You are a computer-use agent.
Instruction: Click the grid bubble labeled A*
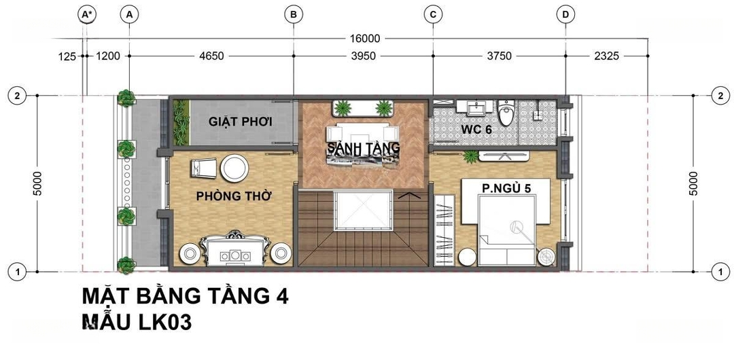pyautogui.click(x=86, y=15)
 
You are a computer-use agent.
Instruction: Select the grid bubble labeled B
pyautogui.click(x=294, y=15)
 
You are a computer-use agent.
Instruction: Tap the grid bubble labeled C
pyautogui.click(x=433, y=15)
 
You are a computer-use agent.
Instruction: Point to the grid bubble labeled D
pyautogui.click(x=565, y=15)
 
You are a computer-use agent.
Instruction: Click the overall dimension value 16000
pyautogui.click(x=364, y=39)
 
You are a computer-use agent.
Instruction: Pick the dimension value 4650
pyautogui.click(x=211, y=56)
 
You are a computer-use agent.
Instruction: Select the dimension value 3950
pyautogui.click(x=363, y=56)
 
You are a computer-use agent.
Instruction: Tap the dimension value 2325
pyautogui.click(x=606, y=56)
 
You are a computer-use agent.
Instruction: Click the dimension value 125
pyautogui.click(x=67, y=56)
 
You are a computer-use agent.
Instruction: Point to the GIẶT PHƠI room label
pyautogui.click(x=241, y=122)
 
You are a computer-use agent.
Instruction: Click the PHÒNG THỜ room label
pyautogui.click(x=234, y=196)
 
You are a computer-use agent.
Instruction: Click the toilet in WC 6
pyautogui.click(x=506, y=113)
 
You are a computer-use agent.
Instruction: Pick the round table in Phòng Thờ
pyautogui.click(x=234, y=168)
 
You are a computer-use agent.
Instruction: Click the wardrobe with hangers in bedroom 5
pyautogui.click(x=444, y=230)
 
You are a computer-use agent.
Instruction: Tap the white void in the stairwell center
pyautogui.click(x=363, y=210)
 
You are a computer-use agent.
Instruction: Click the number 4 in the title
pyautogui.click(x=281, y=296)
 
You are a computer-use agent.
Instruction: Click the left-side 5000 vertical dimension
pyautogui.click(x=38, y=183)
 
